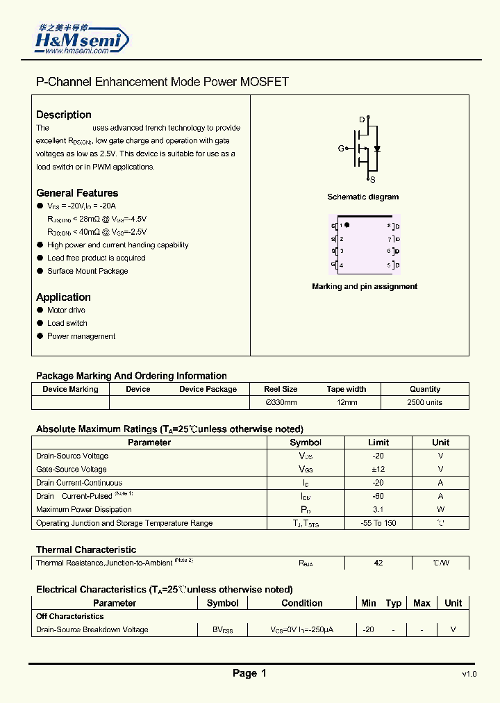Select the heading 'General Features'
[77, 193]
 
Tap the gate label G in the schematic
[341, 149]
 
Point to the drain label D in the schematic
[362, 119]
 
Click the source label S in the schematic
[372, 179]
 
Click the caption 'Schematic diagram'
[362, 197]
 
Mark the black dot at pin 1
[348, 225]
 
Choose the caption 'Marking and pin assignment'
[365, 286]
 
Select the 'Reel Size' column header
[281, 389]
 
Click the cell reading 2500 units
[424, 402]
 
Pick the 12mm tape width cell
[346, 402]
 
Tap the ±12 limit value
[378, 469]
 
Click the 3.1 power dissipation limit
[378, 509]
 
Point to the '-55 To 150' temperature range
[378, 523]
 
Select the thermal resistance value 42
[378, 563]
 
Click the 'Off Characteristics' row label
[69, 616]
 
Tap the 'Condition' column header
[301, 603]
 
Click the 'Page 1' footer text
[249, 673]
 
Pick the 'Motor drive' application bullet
[66, 311]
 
